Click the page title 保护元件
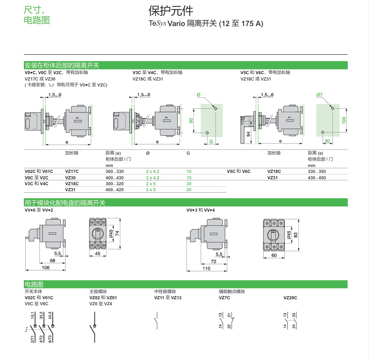coord(171,10)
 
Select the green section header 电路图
coord(33,284)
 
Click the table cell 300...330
coord(114,171)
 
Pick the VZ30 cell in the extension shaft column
coord(70,178)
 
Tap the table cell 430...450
coord(316,178)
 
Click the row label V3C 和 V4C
coord(36,184)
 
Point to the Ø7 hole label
coord(319,95)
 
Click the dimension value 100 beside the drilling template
coord(344,120)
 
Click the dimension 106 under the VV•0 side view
coord(45,267)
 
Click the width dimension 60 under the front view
coord(274,255)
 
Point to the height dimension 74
coord(117,233)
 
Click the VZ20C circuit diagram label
coord(290,298)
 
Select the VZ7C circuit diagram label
coord(224,298)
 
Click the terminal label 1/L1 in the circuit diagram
coord(32,315)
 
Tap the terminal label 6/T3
coord(50,339)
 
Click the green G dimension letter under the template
coord(211,141)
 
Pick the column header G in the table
coord(188,153)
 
